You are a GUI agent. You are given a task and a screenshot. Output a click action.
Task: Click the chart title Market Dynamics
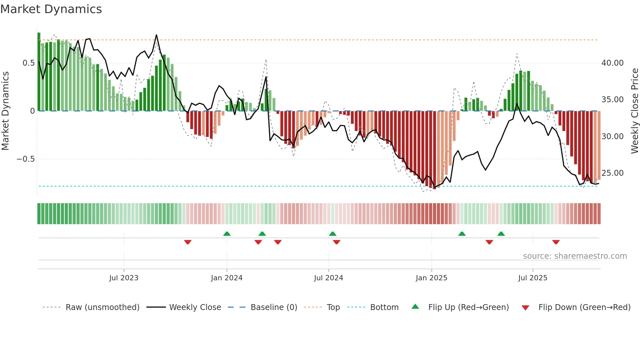(51, 9)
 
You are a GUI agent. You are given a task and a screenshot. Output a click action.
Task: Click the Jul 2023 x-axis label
(124, 278)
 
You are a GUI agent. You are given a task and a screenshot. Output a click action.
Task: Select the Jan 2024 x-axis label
(227, 278)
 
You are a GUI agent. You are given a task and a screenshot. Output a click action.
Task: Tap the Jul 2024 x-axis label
(328, 278)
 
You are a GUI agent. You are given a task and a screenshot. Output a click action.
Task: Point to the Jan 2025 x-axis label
(431, 278)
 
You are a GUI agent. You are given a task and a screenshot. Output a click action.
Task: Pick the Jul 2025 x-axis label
(533, 278)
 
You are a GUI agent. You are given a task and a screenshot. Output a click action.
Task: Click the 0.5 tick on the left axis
(28, 63)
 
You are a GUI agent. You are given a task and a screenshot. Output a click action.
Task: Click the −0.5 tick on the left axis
(26, 159)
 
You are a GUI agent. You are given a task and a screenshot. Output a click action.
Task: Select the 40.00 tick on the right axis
(612, 63)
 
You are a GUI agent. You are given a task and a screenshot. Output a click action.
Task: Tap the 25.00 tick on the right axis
(612, 173)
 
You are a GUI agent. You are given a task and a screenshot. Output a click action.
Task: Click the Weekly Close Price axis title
(634, 111)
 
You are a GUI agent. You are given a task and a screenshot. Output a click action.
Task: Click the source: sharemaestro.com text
(575, 256)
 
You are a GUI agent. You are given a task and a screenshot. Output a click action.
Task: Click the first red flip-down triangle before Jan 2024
(188, 242)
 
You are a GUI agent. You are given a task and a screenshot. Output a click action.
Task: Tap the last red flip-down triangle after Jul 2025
(556, 242)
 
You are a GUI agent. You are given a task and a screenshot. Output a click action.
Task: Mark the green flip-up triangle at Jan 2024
(227, 234)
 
